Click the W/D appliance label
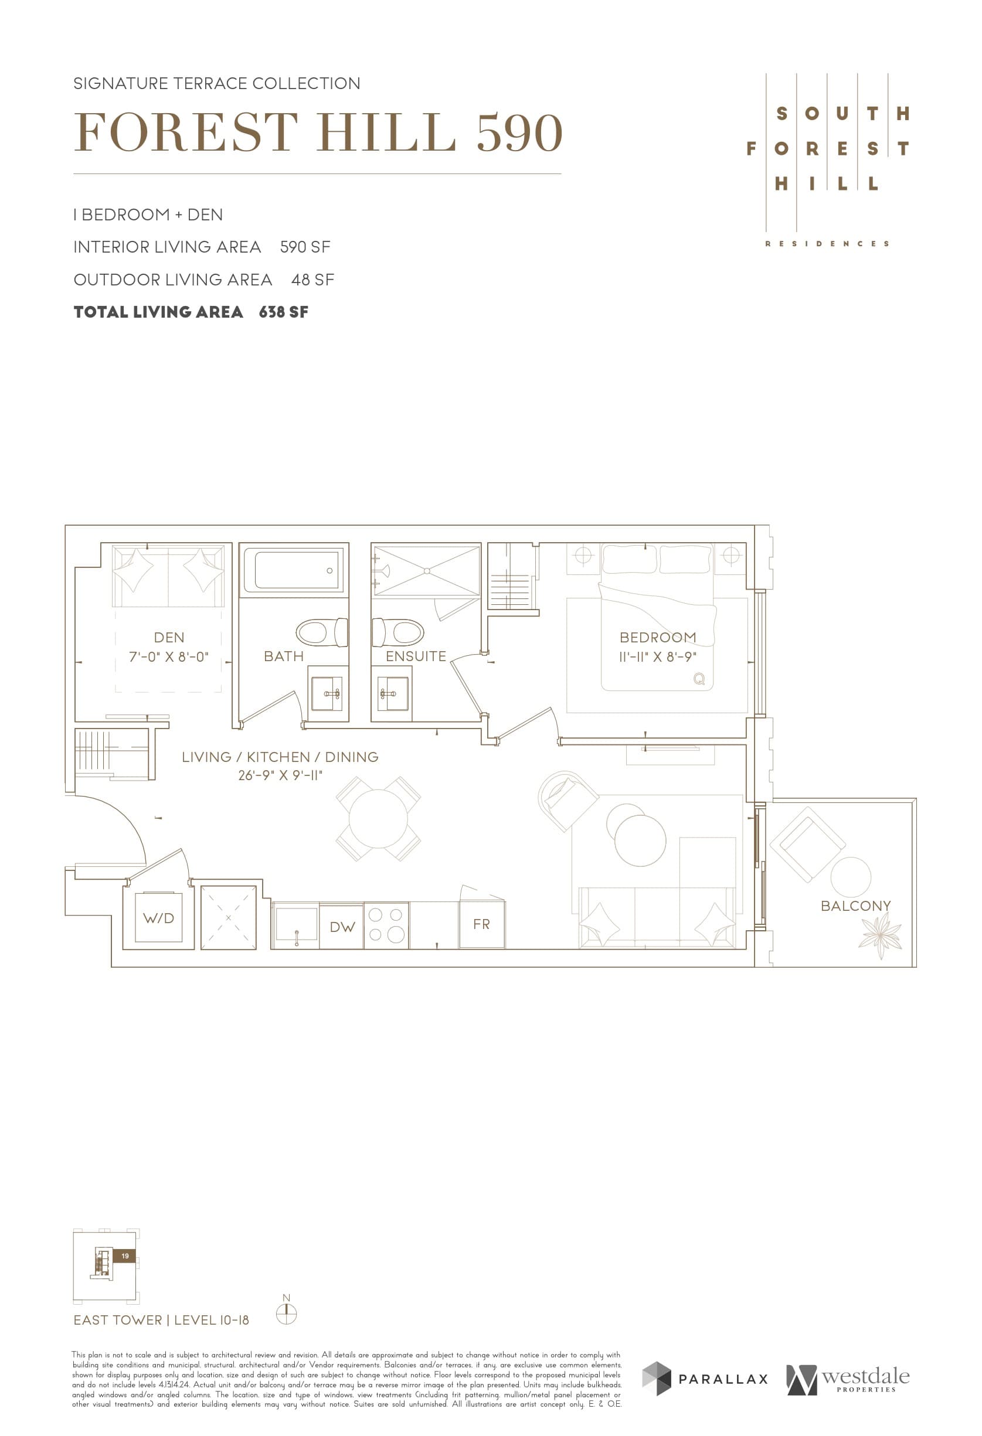click(158, 918)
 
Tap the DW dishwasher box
click(342, 926)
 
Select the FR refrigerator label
click(481, 924)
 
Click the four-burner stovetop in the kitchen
click(386, 925)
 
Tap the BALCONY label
click(855, 906)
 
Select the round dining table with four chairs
click(378, 819)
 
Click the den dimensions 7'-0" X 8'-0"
click(169, 657)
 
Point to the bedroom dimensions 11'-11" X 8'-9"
click(658, 657)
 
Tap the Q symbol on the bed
click(699, 679)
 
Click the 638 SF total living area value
click(283, 312)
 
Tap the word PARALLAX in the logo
click(723, 1379)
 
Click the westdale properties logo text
click(865, 1377)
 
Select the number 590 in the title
click(519, 133)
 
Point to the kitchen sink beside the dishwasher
click(295, 925)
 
